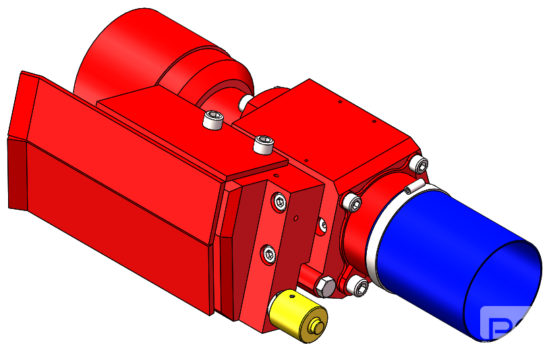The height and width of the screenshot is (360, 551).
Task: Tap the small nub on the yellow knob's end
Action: (315, 328)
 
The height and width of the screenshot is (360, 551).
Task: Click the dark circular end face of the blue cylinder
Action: (502, 290)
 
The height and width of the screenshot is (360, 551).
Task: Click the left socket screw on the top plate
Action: (212, 121)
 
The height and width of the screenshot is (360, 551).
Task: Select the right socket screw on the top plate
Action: (262, 144)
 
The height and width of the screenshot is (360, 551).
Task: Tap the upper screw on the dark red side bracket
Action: (279, 200)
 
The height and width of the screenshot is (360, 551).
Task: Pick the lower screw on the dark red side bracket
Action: (269, 253)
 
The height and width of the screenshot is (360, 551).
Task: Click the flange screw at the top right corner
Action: (419, 163)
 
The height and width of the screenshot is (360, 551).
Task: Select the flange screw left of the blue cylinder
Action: (351, 202)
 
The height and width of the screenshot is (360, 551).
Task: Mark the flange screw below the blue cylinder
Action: (358, 286)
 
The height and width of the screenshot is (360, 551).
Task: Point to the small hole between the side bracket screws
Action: (296, 218)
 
